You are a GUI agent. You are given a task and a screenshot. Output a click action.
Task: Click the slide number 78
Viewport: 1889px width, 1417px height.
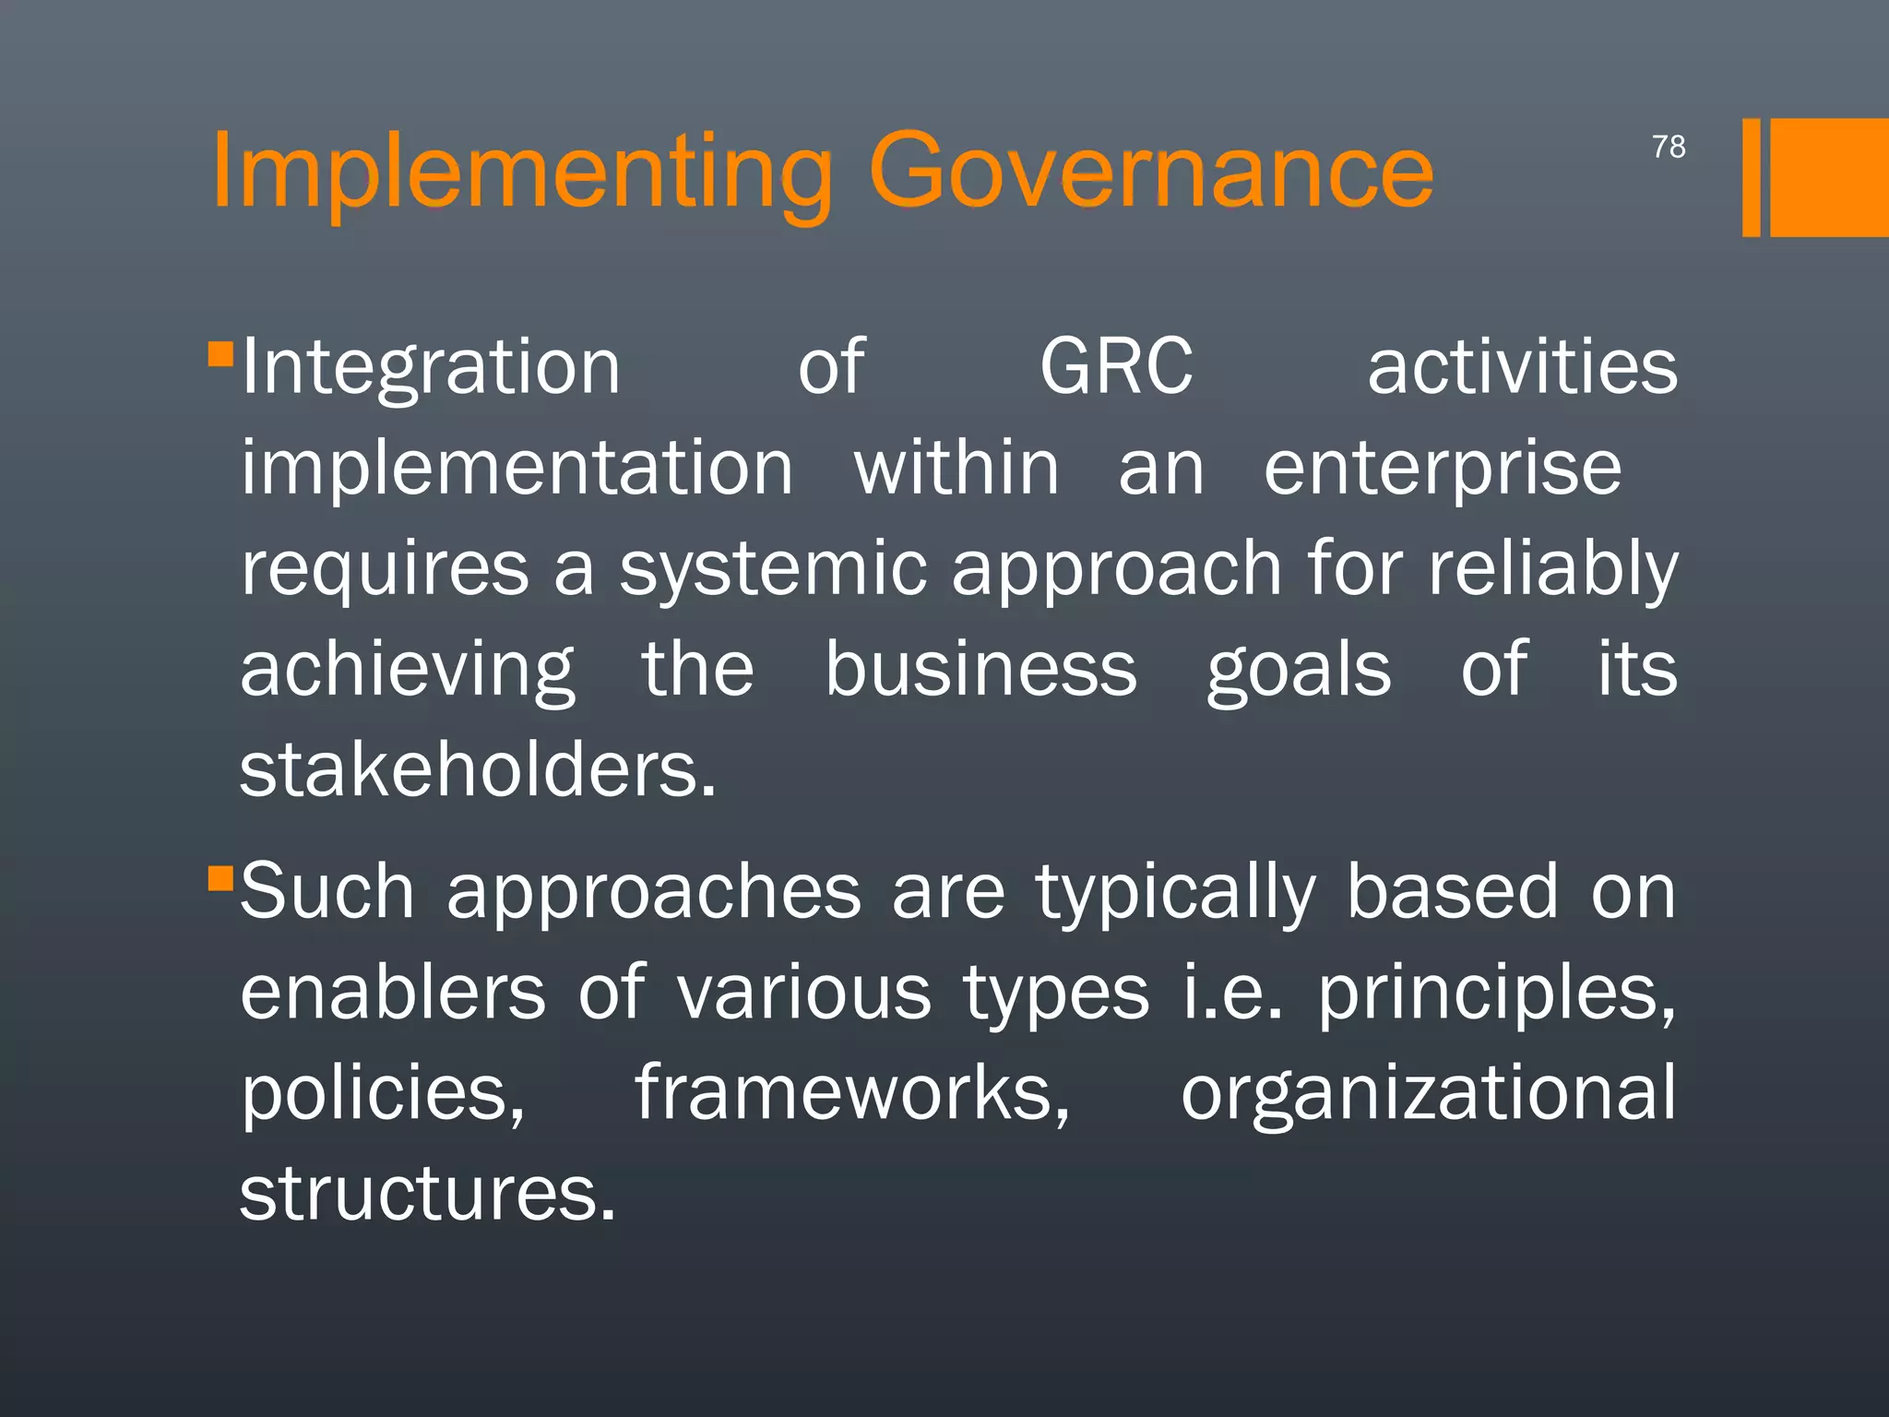(1669, 147)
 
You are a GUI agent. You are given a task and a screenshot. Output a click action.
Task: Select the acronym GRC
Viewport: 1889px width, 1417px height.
(1116, 367)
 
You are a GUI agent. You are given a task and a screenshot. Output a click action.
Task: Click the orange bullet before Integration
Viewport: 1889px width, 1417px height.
(220, 354)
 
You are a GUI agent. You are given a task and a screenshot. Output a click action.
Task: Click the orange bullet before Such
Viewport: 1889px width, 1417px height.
(220, 877)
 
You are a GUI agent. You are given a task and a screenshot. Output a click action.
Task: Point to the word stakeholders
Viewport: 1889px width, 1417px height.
(477, 770)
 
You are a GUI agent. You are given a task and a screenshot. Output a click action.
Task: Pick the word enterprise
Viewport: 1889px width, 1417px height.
(1442, 470)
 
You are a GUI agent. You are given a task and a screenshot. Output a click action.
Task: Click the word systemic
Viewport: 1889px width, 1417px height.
(773, 569)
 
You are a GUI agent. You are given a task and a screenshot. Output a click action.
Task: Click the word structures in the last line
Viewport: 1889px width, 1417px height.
(427, 1194)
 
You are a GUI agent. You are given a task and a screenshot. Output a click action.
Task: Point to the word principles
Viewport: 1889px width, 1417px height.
(1495, 994)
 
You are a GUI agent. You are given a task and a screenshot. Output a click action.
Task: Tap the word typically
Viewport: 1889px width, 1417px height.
(1176, 893)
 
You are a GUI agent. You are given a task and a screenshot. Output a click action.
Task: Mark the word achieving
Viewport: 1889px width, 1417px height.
(408, 671)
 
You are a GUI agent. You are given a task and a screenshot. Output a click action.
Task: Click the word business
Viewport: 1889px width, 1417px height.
(980, 669)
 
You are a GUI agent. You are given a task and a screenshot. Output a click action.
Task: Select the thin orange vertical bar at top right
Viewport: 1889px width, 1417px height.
(1751, 177)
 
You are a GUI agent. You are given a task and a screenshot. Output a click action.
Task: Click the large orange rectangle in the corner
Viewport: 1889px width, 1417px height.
(1829, 177)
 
